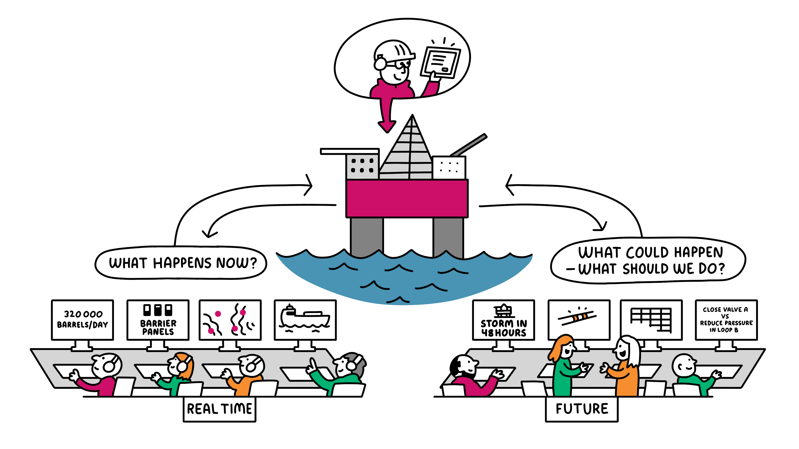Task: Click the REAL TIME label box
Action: coord(219,409)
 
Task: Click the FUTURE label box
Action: coord(582,409)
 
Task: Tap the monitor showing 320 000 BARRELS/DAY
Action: coord(83,320)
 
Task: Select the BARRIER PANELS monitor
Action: coord(158,320)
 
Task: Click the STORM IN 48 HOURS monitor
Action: coord(503,320)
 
